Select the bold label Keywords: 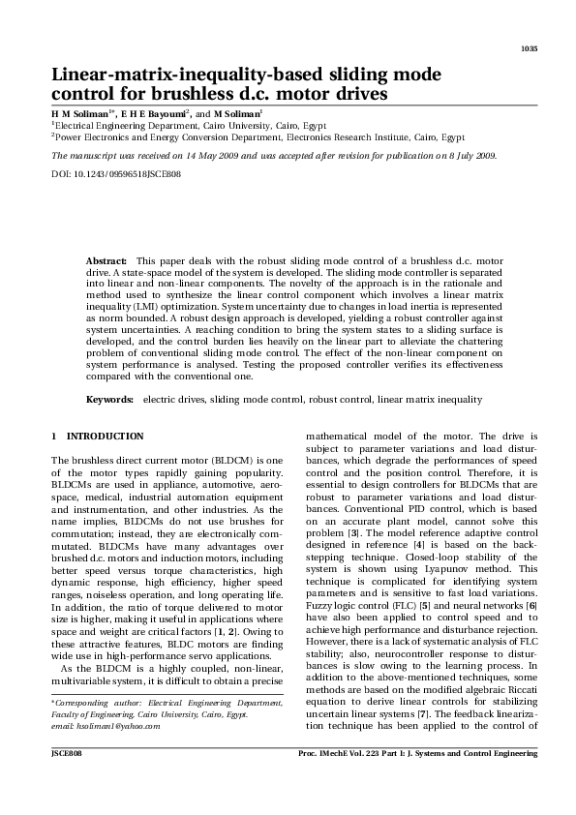point(109,399)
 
